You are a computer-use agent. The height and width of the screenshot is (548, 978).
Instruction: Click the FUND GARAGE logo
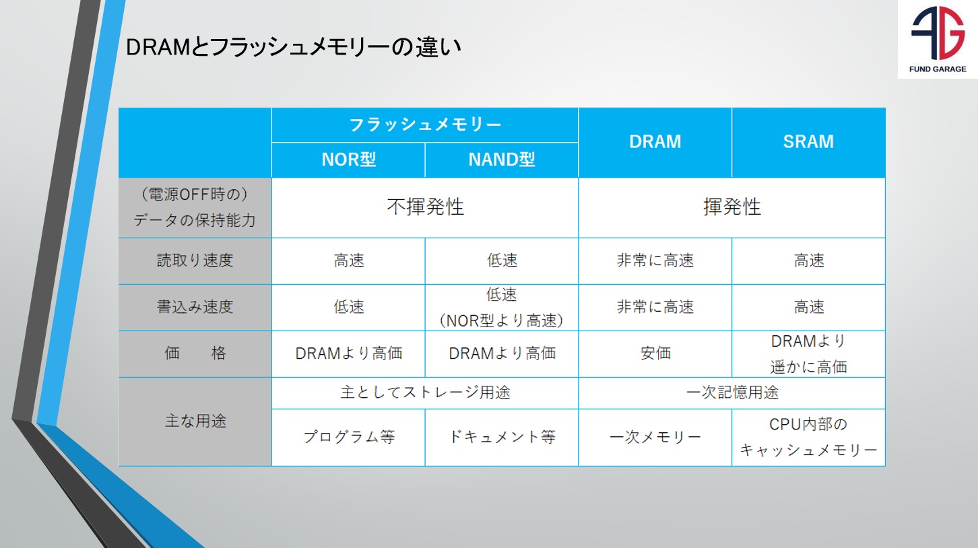click(x=938, y=39)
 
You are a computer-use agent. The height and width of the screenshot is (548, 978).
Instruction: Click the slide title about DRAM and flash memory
click(x=294, y=47)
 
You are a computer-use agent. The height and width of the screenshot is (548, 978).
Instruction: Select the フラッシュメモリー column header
click(x=425, y=125)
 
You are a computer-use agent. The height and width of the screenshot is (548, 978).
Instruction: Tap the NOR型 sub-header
click(x=348, y=160)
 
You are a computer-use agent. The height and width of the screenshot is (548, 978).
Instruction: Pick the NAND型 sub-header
click(x=502, y=160)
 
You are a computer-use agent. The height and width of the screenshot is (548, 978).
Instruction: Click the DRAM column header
click(x=655, y=142)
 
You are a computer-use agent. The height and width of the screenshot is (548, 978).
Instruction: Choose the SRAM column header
click(x=808, y=142)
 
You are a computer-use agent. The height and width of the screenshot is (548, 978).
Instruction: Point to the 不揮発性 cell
click(x=425, y=207)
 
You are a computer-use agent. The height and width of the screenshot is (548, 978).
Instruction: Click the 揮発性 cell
click(x=732, y=207)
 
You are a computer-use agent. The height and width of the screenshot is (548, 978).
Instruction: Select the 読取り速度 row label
click(x=195, y=261)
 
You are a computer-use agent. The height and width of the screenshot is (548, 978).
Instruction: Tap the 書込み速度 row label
click(x=195, y=307)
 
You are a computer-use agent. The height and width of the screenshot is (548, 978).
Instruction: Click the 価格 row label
click(x=195, y=353)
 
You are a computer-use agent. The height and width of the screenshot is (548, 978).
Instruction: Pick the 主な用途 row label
click(x=195, y=421)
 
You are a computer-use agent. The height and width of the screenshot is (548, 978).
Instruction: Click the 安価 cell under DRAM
click(x=655, y=353)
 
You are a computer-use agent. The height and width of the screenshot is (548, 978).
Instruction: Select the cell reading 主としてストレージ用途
click(x=425, y=392)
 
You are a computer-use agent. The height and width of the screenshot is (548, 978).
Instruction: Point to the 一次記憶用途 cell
click(x=732, y=392)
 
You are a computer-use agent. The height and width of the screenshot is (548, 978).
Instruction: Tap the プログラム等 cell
click(x=348, y=437)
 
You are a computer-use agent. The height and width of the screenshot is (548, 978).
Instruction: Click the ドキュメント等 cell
click(x=502, y=437)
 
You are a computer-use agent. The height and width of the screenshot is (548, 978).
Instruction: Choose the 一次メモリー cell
click(x=655, y=437)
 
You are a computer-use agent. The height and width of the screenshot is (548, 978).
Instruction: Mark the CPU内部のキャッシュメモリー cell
click(x=808, y=437)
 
